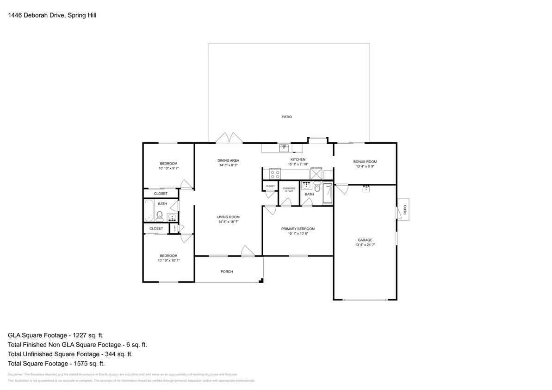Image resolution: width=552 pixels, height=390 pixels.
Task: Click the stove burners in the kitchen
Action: [274, 174]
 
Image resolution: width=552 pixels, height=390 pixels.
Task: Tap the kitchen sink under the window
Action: [284, 148]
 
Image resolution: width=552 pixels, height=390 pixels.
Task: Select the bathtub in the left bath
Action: [149, 210]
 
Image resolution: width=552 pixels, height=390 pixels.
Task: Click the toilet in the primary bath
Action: [317, 187]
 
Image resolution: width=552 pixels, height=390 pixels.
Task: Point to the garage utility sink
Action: [366, 189]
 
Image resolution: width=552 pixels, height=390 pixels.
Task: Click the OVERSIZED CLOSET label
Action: [289, 189]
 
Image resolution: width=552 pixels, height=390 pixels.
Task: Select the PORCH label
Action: [227, 272]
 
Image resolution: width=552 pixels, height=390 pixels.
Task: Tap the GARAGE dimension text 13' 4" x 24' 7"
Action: [365, 245]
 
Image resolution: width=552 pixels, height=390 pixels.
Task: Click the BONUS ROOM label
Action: [365, 162]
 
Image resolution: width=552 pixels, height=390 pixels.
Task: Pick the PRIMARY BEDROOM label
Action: [298, 229]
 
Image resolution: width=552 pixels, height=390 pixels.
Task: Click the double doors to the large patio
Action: [229, 138]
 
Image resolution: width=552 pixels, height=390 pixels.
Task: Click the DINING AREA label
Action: [228, 160]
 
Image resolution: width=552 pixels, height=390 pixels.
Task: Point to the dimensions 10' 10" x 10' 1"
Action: [168, 261]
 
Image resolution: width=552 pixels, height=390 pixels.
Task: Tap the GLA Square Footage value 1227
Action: [86, 335]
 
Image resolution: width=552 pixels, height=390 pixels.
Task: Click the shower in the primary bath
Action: [327, 194]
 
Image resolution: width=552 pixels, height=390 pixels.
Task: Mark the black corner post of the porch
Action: [261, 280]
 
